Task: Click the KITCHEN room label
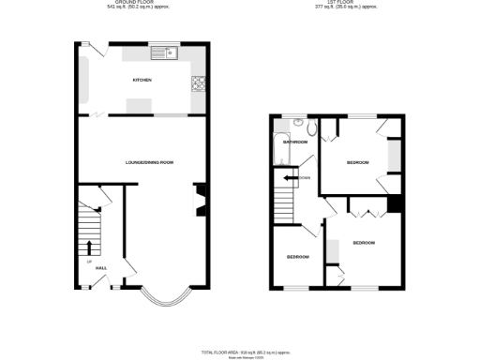[x=142, y=80]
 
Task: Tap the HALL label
[x=100, y=268]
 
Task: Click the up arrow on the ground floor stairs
[x=90, y=247]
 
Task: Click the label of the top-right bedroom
[x=357, y=162]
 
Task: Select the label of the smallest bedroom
[x=298, y=256]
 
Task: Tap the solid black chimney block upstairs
[x=395, y=204]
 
